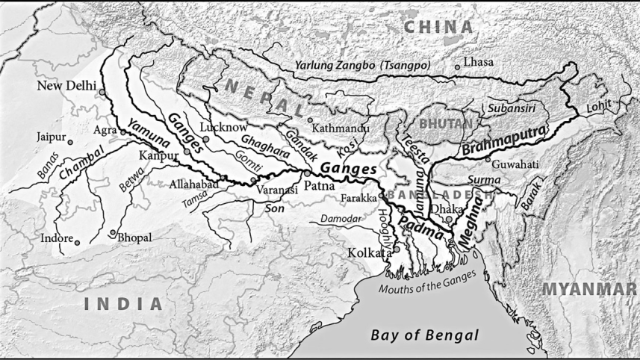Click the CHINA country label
439,28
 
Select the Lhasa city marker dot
458,67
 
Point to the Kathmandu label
341,128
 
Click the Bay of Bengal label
424,334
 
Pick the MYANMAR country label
590,289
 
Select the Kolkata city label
370,253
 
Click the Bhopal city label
135,238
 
